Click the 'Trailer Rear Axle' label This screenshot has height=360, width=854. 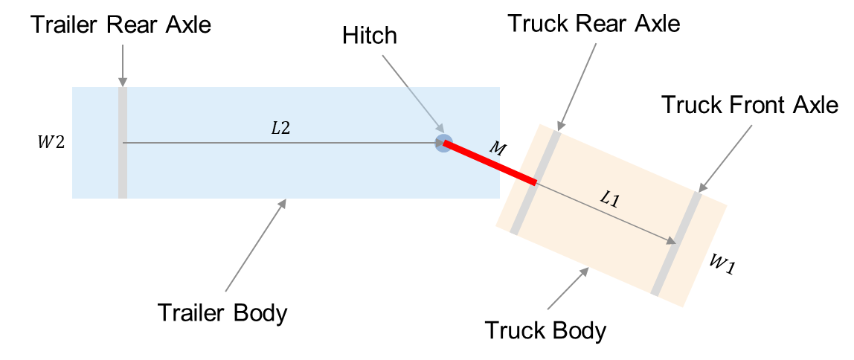point(121,25)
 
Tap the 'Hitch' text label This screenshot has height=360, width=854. point(370,36)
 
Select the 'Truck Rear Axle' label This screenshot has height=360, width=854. point(594,23)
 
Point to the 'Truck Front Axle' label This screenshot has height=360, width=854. point(749,104)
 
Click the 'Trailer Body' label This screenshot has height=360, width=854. point(222,313)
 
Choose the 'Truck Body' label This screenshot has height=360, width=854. point(545,330)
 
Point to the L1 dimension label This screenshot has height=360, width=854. point(609,199)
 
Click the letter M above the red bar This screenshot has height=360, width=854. point(495,149)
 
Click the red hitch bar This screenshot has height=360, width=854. point(490,163)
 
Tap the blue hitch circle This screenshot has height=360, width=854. point(443,143)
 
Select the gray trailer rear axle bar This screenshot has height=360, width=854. point(123,143)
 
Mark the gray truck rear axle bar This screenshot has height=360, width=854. point(534,182)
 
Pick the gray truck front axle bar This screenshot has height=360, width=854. point(676,243)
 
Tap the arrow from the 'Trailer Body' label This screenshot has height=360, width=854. point(255,245)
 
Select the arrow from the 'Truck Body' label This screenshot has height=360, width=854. point(568,288)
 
